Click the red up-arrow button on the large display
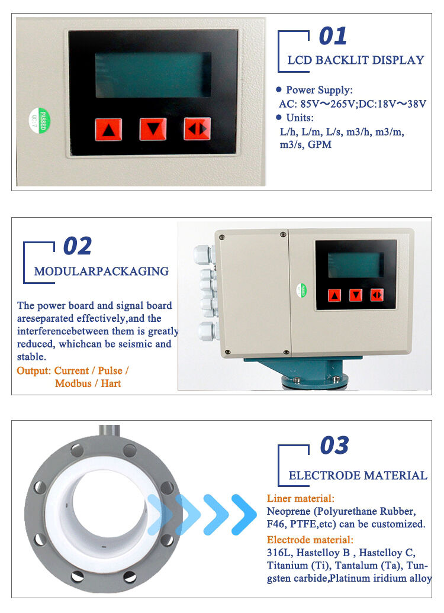point(108,130)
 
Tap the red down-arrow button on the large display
point(153,129)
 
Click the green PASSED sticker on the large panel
point(40,121)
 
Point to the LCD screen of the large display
point(153,75)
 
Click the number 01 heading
point(333,36)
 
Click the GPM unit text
point(320,144)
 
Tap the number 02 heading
point(78,246)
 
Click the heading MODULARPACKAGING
point(101,271)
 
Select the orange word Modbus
point(73,383)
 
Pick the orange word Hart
point(111,383)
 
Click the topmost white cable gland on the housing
point(204,254)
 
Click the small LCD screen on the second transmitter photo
point(356,265)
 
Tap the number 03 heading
point(334,446)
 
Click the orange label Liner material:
point(300,498)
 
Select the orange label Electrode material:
point(310,540)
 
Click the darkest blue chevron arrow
point(244,515)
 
